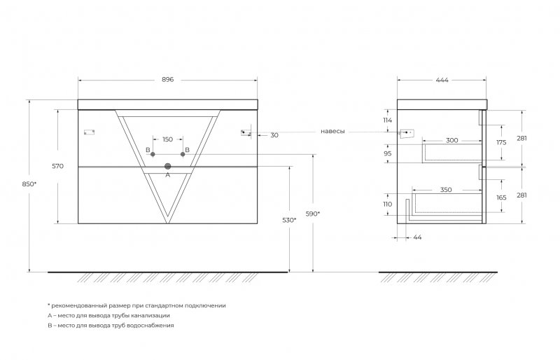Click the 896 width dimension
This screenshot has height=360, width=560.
tap(167, 79)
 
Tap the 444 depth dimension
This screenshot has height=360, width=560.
tap(442, 80)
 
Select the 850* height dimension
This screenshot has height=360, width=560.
tap(29, 184)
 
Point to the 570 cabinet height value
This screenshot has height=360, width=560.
tap(58, 166)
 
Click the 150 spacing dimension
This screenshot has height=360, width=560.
tap(167, 139)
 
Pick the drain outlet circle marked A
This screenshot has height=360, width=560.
tap(167, 166)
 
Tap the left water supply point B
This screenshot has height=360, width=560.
tap(153, 154)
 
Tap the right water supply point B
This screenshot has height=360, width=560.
tap(183, 154)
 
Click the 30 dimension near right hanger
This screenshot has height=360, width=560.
tap(274, 135)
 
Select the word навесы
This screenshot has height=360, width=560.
tap(332, 131)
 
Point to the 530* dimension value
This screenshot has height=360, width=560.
tap(289, 220)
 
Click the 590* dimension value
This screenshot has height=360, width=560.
tap(313, 214)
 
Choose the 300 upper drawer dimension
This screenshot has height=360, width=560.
tap(451, 140)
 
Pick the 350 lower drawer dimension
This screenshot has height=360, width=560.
tap(446, 190)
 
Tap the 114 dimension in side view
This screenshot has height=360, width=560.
tap(388, 120)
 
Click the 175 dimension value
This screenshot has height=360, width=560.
tap(501, 142)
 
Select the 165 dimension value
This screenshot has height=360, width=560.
tap(501, 198)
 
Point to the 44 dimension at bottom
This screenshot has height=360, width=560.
tap(417, 237)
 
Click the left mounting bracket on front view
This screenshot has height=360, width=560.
tap(89, 132)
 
